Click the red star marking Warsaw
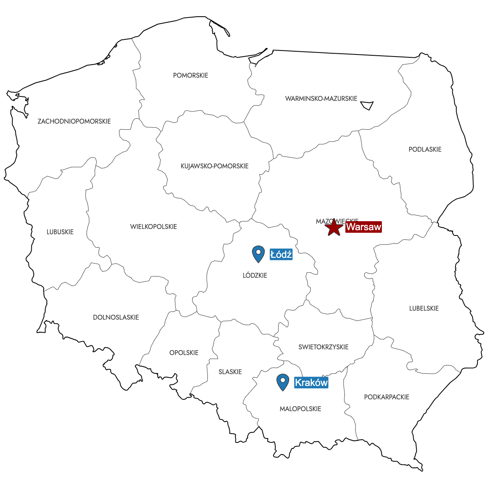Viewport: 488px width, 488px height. click(334, 227)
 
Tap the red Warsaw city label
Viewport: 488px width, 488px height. click(364, 227)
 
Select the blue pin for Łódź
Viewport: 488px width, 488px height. click(258, 254)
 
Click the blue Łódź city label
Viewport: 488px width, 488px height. click(281, 255)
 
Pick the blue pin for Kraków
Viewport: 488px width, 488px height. click(283, 382)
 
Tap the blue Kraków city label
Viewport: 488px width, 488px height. click(311, 382)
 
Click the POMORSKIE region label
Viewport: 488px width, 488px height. click(190, 75)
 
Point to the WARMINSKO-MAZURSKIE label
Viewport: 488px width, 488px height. click(321, 98)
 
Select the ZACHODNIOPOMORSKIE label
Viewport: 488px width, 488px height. click(74, 121)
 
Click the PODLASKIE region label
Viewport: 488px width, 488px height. click(425, 149)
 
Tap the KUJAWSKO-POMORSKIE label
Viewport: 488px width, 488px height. click(214, 166)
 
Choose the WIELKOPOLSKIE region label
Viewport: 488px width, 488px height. click(153, 227)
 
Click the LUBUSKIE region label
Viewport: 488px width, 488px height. click(60, 232)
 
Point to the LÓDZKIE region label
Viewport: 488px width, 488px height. click(255, 275)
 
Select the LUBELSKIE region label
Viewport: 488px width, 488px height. click(424, 308)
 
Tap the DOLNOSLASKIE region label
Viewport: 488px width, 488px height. click(116, 317)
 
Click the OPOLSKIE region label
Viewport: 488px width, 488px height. click(184, 353)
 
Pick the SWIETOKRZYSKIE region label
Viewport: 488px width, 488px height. click(323, 347)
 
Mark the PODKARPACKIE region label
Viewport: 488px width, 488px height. click(386, 397)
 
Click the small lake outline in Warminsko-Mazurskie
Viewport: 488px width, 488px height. click(367, 105)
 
